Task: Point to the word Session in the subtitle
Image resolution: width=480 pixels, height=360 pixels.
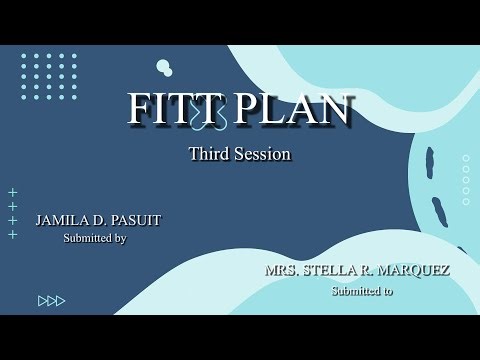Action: pos(262,154)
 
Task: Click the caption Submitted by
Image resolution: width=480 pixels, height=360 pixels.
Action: pos(95,238)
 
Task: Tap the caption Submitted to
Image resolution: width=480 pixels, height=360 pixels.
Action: pos(362,290)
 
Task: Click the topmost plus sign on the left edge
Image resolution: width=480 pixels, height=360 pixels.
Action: pos(13,192)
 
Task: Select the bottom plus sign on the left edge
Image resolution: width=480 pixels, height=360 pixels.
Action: pos(13,234)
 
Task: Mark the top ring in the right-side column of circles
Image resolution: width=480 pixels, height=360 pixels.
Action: pos(466,158)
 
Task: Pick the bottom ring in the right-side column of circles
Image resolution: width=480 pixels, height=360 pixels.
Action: pos(466,202)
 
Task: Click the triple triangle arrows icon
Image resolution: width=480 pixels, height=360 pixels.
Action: pos(51,300)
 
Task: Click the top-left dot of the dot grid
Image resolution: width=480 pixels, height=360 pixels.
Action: pos(24,57)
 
